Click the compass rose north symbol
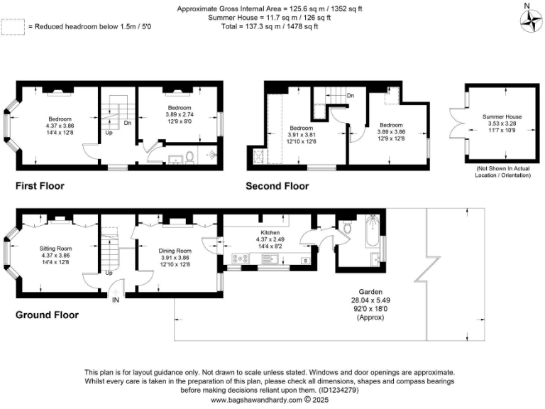(529, 21)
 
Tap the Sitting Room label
(56, 248)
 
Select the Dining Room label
(175, 251)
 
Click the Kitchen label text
(270, 232)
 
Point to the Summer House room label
(502, 116)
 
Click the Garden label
(370, 292)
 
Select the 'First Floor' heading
(40, 186)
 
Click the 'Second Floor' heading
(277, 186)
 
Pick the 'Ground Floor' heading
(47, 315)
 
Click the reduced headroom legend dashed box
(13, 26)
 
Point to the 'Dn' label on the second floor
(351, 95)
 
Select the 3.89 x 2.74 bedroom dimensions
(179, 115)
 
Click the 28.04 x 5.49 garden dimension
(370, 300)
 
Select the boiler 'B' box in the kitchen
(305, 261)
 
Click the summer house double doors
(455, 126)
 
